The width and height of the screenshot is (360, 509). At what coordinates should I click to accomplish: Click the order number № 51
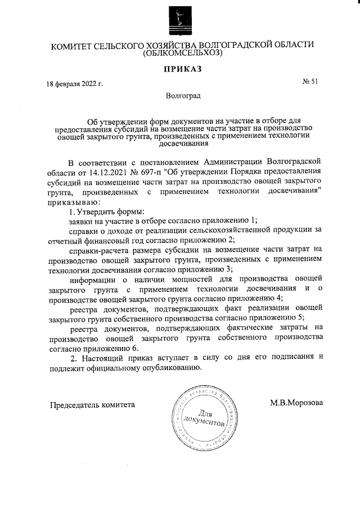point(310,82)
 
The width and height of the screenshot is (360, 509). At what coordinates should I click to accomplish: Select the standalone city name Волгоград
point(183,96)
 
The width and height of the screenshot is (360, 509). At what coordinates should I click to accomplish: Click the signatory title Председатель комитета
point(93,404)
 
